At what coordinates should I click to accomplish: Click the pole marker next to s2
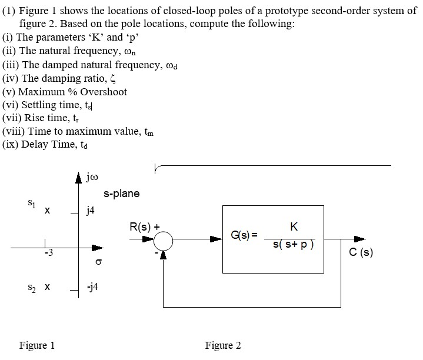47,288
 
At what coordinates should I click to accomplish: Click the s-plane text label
121,194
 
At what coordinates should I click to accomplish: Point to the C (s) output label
361,253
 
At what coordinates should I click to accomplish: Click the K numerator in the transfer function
294,226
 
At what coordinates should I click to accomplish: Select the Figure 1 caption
37,345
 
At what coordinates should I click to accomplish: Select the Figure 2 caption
223,345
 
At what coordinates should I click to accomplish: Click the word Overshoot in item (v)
104,92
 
